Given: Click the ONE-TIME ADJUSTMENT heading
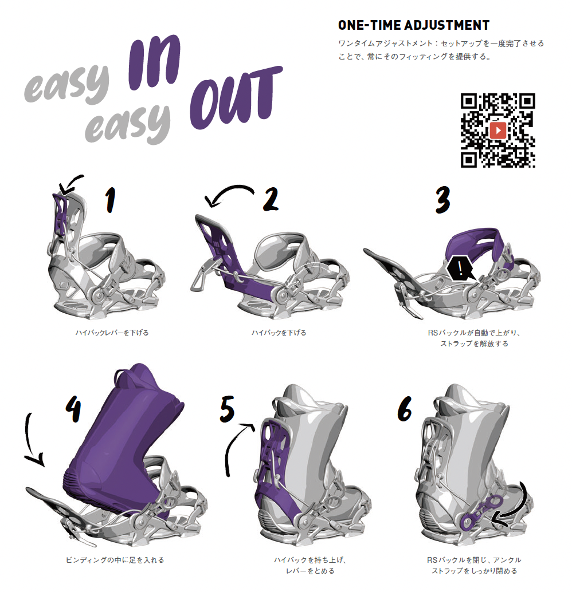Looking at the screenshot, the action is pos(414,25).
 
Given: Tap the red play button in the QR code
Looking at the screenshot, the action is pos(498,131).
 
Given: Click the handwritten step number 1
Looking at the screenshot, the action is pos(109,200).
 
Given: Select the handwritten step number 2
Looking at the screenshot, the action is pos(271,199).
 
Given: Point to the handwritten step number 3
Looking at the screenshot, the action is pos(442,200).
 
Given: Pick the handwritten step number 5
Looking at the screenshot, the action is pos(227,409).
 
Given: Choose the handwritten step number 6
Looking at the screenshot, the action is pos(404,409).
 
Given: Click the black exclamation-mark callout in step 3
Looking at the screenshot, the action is pos(460,269).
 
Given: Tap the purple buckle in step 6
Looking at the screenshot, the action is pos(480,512).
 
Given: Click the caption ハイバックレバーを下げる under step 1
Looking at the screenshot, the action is pos(112,333).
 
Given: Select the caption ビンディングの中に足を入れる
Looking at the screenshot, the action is pos(115,560).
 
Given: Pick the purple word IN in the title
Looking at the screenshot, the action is pos(154,62).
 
